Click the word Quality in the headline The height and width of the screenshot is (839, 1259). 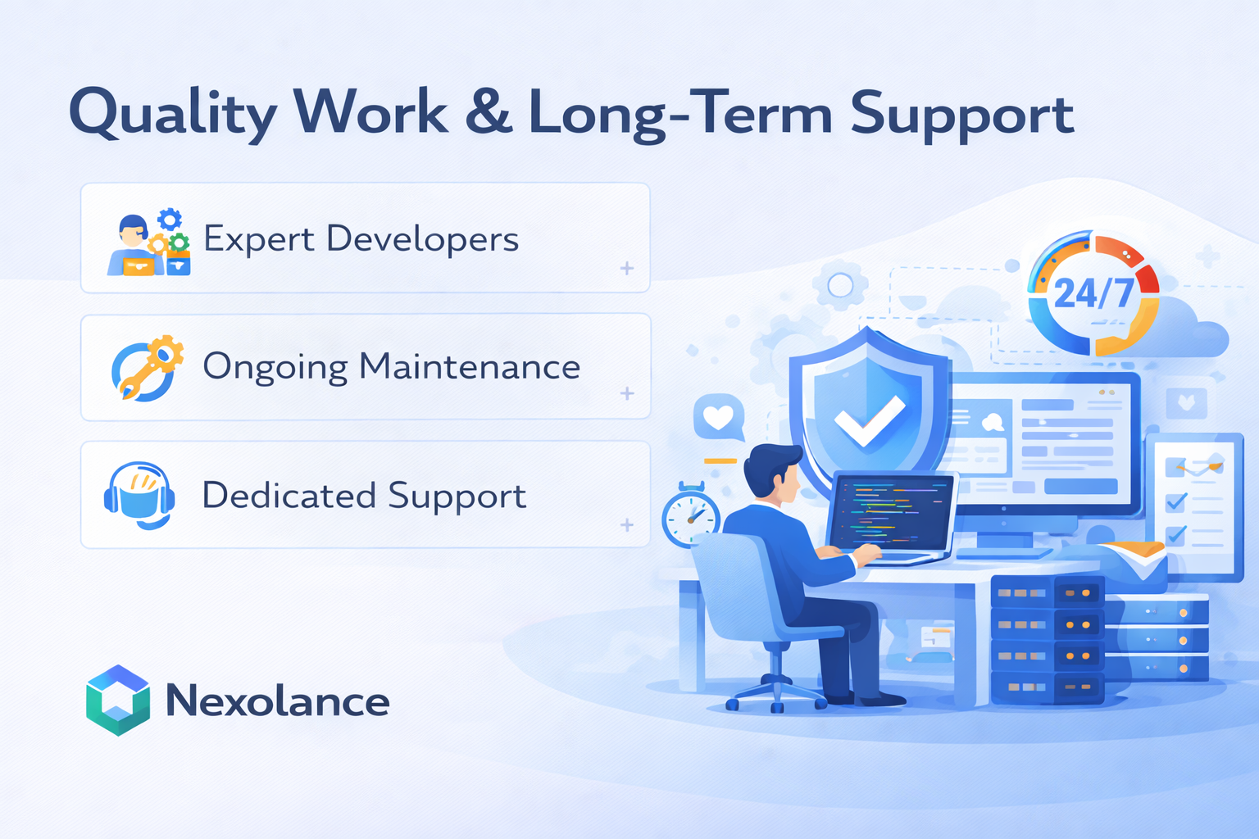(x=173, y=113)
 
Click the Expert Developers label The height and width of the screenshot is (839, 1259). (x=361, y=238)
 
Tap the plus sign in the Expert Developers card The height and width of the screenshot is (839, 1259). (x=627, y=268)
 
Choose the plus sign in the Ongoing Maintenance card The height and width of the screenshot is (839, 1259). (x=627, y=393)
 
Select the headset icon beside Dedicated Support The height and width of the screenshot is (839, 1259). (x=139, y=495)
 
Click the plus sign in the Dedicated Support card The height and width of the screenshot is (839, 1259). (x=627, y=524)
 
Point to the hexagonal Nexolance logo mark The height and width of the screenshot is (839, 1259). (x=118, y=701)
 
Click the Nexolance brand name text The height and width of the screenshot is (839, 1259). (x=277, y=701)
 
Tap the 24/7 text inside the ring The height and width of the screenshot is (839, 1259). (x=1093, y=293)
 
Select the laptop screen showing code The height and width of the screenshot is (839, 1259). (x=892, y=512)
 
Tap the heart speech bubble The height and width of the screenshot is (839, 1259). (x=718, y=419)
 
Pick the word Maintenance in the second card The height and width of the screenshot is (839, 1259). (x=470, y=366)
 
